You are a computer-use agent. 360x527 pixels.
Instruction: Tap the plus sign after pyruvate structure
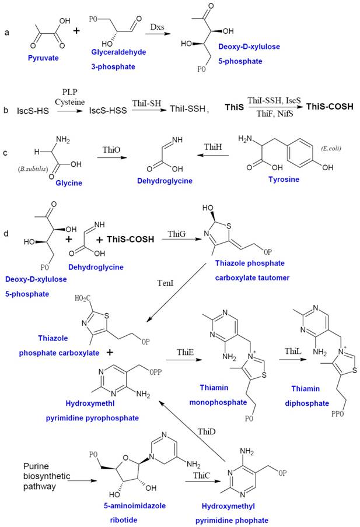tap(76, 29)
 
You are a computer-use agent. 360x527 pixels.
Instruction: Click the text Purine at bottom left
tap(35, 466)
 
